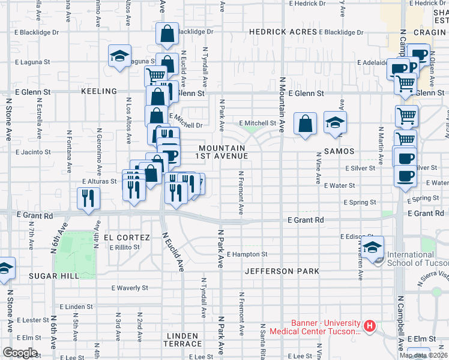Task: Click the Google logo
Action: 20,353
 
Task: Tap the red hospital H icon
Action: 370,327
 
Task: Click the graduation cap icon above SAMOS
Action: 335,122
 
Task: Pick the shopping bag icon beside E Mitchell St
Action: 306,124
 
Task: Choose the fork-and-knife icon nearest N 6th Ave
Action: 89,198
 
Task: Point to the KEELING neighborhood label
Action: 98,91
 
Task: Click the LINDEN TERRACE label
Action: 182,340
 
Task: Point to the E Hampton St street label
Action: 246,254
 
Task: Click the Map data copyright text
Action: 423,355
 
